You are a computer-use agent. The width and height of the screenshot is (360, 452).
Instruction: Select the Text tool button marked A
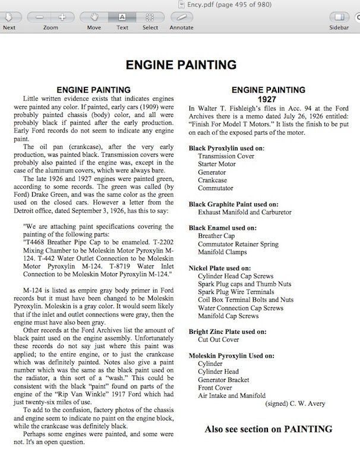122,17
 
